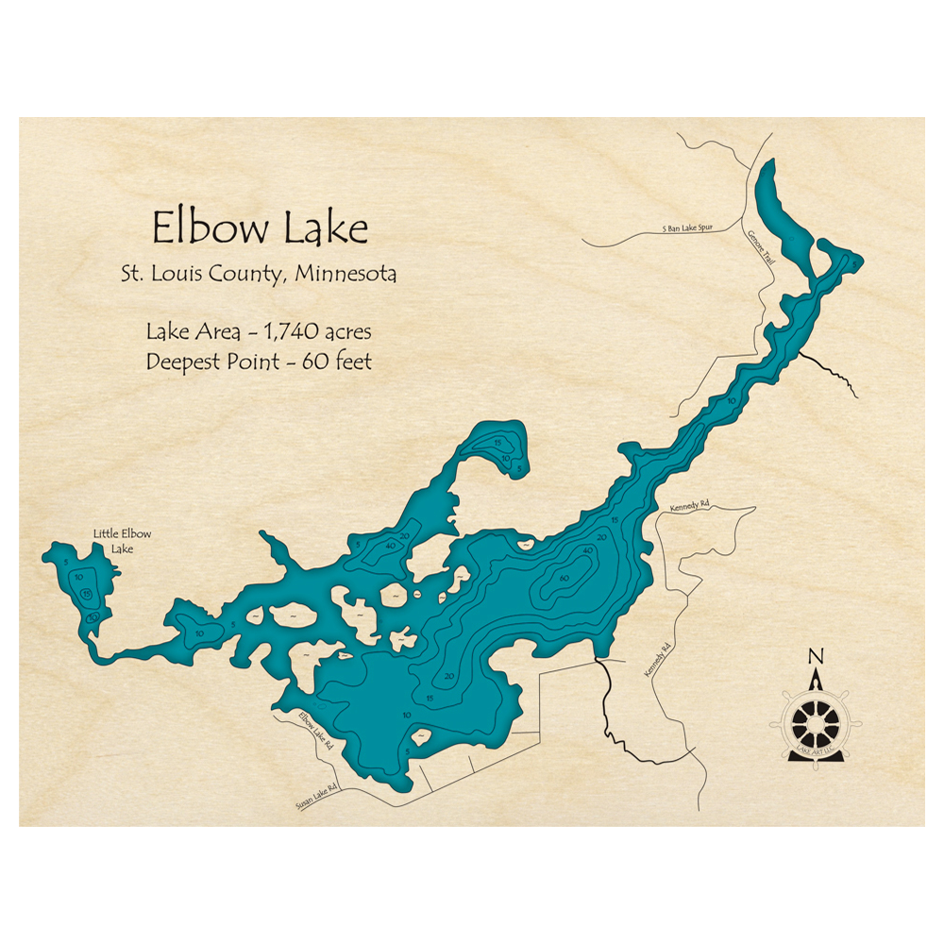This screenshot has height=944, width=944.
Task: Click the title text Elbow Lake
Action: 261,228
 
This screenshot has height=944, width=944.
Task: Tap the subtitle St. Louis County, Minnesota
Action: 258,275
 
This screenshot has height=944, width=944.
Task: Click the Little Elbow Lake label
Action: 122,541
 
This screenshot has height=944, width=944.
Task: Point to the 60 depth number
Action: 564,578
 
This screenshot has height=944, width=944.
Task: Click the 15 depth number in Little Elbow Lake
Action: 87,594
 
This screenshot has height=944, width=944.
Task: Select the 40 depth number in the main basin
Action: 588,551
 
